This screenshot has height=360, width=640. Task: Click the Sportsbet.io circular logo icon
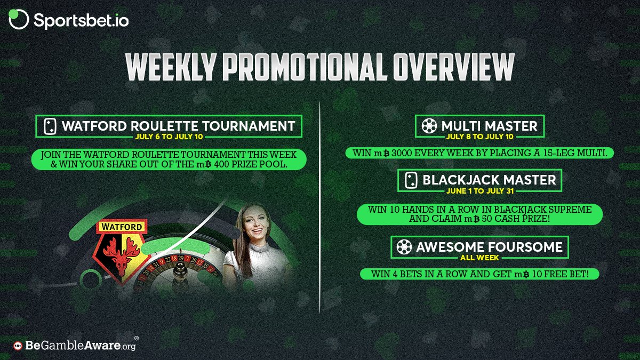click(x=19, y=19)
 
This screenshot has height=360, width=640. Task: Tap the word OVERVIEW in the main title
click(x=454, y=67)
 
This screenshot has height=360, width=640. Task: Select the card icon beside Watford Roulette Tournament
click(x=50, y=126)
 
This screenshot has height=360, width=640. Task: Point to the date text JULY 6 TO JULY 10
click(x=169, y=137)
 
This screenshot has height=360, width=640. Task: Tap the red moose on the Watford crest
click(x=122, y=255)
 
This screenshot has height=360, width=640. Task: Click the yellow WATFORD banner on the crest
click(x=122, y=227)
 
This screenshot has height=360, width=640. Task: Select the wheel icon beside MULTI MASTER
click(x=429, y=126)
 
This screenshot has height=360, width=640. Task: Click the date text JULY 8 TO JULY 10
click(x=480, y=137)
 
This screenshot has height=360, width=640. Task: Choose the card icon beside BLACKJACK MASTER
click(x=411, y=180)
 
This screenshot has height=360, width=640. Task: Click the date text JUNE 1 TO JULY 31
click(x=480, y=191)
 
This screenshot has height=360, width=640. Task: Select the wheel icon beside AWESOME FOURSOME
click(x=404, y=247)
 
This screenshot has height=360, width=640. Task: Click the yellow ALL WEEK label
click(x=479, y=258)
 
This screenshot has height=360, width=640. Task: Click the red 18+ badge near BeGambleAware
click(x=18, y=346)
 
